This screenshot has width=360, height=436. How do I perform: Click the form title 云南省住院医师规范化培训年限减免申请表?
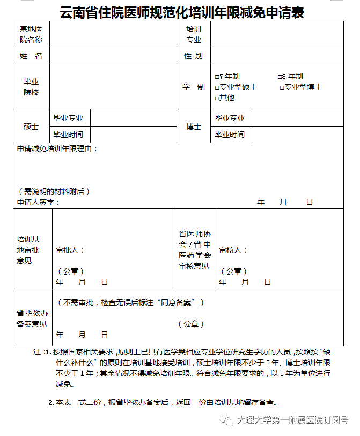(x=182, y=11)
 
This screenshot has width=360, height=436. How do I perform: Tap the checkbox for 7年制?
(x=217, y=77)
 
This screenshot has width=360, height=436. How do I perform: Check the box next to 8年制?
(x=280, y=77)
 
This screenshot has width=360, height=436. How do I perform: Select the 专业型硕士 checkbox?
(x=217, y=87)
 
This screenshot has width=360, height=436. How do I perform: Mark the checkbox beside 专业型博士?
(x=282, y=87)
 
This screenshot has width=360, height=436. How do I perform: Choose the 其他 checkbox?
(x=217, y=98)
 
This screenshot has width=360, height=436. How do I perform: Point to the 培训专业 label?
(x=193, y=34)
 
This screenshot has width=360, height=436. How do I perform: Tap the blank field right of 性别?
(x=276, y=56)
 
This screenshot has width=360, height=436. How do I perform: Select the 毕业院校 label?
(x=31, y=87)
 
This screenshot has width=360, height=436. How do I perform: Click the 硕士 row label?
(x=31, y=127)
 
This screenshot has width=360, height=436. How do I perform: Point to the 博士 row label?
(x=193, y=127)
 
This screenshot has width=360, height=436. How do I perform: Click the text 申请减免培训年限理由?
(x=57, y=149)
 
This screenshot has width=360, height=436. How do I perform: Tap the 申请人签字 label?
(x=38, y=202)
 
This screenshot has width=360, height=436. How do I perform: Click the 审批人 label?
(x=70, y=250)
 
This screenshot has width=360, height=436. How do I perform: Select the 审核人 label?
(x=233, y=250)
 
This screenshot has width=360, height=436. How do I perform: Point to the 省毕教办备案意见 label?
(x=32, y=319)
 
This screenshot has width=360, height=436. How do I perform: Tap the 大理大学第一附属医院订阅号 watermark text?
(x=292, y=421)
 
